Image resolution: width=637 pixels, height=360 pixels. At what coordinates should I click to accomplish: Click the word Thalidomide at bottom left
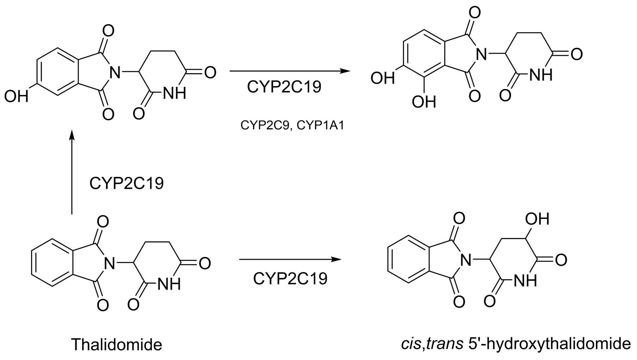click(x=117, y=345)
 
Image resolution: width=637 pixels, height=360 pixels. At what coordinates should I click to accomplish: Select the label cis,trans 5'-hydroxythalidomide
click(x=516, y=344)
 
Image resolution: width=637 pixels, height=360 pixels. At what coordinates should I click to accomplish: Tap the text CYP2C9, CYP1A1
click(x=292, y=125)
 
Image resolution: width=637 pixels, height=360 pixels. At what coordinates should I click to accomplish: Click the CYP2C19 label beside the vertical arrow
click(x=126, y=183)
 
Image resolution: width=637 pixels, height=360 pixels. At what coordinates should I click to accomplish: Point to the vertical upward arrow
click(x=72, y=172)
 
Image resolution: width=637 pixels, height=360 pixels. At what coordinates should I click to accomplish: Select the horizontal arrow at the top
click(x=290, y=71)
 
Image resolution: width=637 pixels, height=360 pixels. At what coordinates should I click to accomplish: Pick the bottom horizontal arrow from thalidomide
click(x=290, y=259)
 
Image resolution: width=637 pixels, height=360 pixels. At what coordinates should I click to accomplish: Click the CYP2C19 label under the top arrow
click(x=284, y=87)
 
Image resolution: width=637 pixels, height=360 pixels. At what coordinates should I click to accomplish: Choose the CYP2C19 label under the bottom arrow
click(x=290, y=279)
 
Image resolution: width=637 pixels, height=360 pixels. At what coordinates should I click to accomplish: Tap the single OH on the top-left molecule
click(x=16, y=96)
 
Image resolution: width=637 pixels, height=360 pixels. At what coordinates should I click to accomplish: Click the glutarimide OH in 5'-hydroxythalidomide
click(x=537, y=219)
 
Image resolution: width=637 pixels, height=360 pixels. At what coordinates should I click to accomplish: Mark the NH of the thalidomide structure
click(x=169, y=284)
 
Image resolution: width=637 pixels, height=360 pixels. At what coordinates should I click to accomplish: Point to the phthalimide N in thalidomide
click(x=109, y=264)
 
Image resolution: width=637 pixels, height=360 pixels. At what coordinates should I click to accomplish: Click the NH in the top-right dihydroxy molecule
click(x=541, y=75)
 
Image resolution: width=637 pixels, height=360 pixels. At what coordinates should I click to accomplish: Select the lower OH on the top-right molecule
click(x=424, y=102)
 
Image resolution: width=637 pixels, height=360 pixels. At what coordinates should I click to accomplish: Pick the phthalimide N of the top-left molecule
click(x=115, y=73)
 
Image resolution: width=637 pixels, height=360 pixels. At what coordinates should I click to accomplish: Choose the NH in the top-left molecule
click(x=175, y=93)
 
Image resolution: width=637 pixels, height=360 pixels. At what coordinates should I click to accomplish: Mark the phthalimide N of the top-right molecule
click(x=481, y=54)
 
